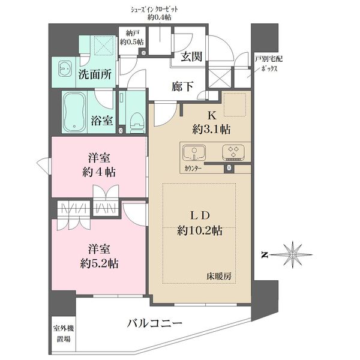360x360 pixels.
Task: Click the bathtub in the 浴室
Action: coord(74,112)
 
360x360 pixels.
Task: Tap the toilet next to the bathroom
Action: coord(137,122)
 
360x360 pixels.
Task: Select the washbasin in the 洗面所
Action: coord(65,68)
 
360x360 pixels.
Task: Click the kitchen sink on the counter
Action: coord(194,152)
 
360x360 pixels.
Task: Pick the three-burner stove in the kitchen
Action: coord(233,152)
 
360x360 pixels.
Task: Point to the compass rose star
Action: coord(292,254)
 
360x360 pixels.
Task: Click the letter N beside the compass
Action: coord(265,255)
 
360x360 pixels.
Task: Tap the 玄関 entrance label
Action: coord(192,56)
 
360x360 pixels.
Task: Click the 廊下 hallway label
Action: coord(182,86)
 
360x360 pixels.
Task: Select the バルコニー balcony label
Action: coord(155,323)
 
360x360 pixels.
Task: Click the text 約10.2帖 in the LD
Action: coord(200,230)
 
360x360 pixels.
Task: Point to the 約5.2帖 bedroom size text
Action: coord(100,263)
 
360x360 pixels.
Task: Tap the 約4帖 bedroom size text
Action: coord(99,172)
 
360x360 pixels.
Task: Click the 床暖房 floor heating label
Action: coord(219,276)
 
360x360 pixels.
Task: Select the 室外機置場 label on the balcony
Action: coord(64,334)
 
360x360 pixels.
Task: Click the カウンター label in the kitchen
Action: coord(193,169)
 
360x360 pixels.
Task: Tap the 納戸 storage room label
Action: coord(132,33)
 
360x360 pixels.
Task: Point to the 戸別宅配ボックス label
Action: coord(269,64)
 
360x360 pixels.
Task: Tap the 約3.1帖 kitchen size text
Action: coord(211,130)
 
